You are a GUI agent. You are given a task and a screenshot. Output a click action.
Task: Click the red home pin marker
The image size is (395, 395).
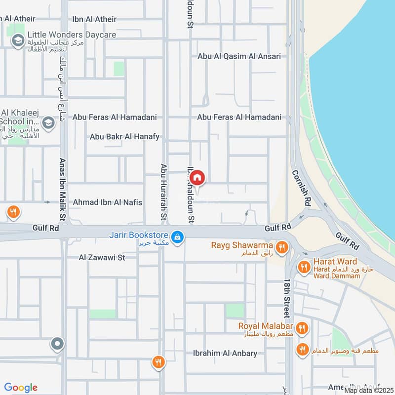pyautogui.click(x=197, y=178)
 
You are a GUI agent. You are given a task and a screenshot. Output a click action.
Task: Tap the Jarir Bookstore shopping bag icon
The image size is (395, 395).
pyautogui.click(x=178, y=237)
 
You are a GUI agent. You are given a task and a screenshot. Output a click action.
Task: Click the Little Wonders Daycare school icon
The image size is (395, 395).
pyautogui.click(x=18, y=39)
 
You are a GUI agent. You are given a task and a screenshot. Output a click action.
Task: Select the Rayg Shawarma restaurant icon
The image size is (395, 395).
pyautogui.click(x=282, y=247)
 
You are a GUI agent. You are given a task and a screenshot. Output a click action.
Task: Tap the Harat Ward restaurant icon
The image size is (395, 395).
pyautogui.click(x=304, y=267)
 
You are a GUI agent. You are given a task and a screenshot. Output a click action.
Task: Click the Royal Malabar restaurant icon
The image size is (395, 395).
pyautogui.click(x=303, y=328)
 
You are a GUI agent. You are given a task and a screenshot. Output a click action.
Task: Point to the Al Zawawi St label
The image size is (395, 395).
pyautogui.click(x=102, y=257)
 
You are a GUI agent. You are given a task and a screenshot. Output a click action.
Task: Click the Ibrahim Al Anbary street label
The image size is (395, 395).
pyautogui.click(x=225, y=353)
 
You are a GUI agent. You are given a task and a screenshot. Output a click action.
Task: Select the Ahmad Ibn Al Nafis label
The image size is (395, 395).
pyautogui.click(x=107, y=202)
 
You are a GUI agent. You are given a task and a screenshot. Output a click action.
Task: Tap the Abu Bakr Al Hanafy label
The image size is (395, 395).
pyautogui.click(x=124, y=136)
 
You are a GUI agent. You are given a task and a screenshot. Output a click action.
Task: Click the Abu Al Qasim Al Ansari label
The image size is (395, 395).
pyautogui.click(x=239, y=56)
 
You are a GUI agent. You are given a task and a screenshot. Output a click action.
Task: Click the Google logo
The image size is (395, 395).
pyautogui.click(x=21, y=388)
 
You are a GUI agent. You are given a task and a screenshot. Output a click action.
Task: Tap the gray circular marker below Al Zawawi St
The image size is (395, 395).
pyautogui.click(x=58, y=344)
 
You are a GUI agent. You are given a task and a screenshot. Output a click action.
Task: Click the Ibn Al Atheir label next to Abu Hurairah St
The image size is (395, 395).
pyautogui.click(x=94, y=19)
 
